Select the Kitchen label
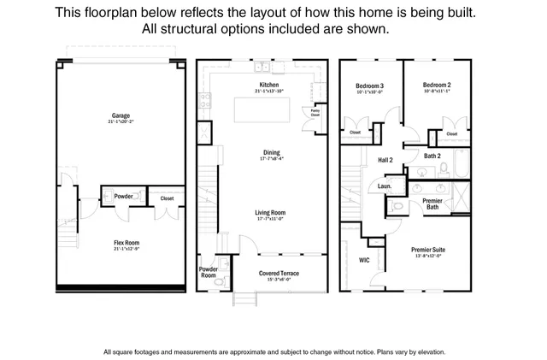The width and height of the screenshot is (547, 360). [x=269, y=86]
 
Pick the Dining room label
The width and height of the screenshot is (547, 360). [x=272, y=153]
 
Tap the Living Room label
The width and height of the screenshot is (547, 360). [x=270, y=212]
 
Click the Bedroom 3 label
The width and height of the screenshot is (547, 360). [x=370, y=86]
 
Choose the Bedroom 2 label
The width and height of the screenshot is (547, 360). [x=436, y=86]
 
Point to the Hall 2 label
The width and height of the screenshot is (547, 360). [x=385, y=160]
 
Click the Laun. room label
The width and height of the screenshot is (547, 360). [x=385, y=186]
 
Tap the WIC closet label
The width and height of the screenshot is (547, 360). [x=363, y=260]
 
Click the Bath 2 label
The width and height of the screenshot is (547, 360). [x=432, y=156]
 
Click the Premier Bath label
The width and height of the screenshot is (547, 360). [x=432, y=204]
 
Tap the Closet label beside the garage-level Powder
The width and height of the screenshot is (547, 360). [x=167, y=198]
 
